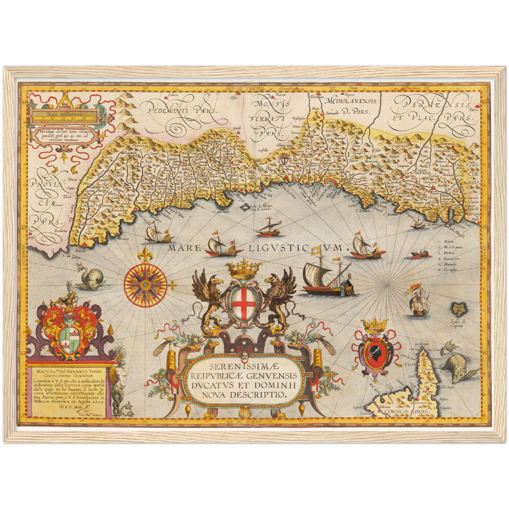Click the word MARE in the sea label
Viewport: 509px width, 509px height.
(x=184, y=248)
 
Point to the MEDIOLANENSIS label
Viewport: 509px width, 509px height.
(x=350, y=101)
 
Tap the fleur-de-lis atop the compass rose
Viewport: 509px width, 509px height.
(x=145, y=254)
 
